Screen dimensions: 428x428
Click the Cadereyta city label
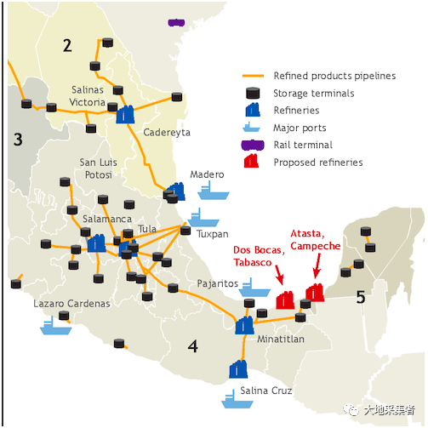click(x=167, y=133)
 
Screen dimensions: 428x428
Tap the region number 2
click(x=67, y=45)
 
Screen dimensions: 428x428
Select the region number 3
click(x=18, y=140)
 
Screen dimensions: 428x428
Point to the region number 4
click(x=193, y=346)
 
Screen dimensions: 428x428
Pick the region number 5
click(x=361, y=297)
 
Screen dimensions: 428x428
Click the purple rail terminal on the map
click(x=176, y=22)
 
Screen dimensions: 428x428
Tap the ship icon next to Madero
click(x=214, y=191)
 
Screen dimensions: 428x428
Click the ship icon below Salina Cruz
click(x=237, y=399)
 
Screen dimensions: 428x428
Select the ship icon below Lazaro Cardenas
click(x=56, y=326)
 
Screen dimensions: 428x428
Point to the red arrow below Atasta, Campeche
click(x=317, y=265)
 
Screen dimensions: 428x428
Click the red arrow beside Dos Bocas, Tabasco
click(x=279, y=275)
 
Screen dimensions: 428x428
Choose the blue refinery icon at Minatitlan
click(x=244, y=325)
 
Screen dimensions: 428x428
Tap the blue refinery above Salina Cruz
click(x=238, y=369)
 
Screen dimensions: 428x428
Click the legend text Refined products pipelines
click(x=334, y=76)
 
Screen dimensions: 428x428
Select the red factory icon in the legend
click(x=251, y=161)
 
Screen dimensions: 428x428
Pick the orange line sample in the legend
click(x=254, y=76)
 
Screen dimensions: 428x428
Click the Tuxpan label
click(x=213, y=234)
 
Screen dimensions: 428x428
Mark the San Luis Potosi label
click(x=99, y=168)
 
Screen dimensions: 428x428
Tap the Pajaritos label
click(x=218, y=283)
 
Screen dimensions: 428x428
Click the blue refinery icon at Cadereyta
click(x=125, y=114)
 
